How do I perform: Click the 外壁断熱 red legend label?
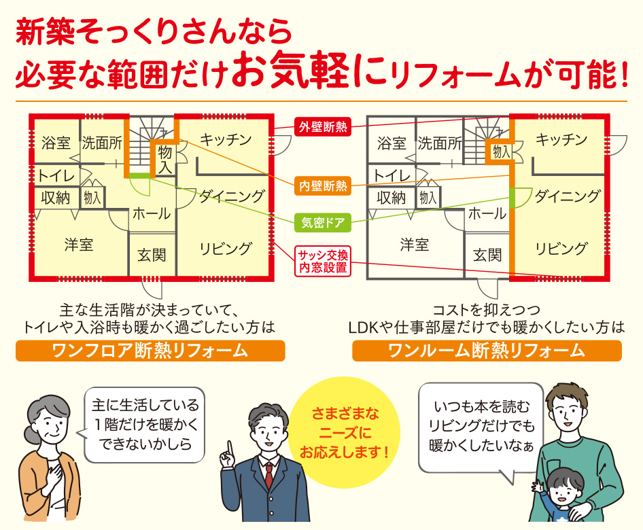[322, 126]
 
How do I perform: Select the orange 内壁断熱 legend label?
[322, 185]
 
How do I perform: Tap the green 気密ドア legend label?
[322, 222]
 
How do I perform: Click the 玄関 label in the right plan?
[487, 255]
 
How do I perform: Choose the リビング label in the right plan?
[560, 248]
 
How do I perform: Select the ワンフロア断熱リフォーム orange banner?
[150, 351]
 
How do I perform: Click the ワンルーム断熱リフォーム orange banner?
[487, 351]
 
